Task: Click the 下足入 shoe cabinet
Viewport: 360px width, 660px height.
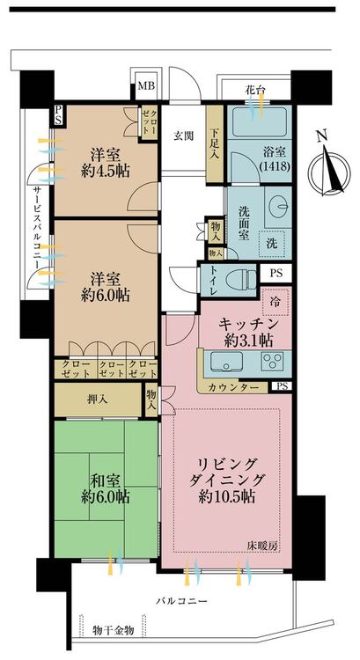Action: (215, 144)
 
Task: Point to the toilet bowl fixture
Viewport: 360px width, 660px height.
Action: (241, 279)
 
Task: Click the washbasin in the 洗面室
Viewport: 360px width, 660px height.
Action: (278, 207)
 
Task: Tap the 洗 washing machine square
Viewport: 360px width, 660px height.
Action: (272, 243)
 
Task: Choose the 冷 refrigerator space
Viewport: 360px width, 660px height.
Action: (275, 302)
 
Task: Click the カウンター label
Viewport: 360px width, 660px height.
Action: (232, 386)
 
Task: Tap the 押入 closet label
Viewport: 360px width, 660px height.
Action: (98, 399)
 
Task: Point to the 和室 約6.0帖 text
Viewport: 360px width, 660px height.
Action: (105, 488)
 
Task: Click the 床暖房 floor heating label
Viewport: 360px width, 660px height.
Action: (262, 546)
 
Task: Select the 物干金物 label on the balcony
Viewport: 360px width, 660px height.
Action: (114, 630)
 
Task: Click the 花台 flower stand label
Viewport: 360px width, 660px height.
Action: (254, 89)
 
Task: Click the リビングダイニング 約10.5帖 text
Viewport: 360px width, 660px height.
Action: (227, 481)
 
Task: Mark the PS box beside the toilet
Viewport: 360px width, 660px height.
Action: (276, 273)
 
